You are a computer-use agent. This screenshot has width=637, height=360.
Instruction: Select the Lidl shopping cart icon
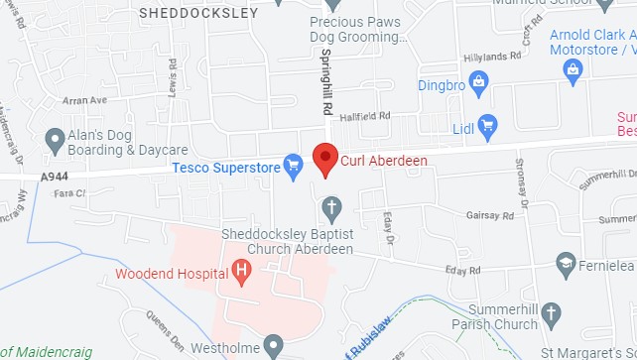click(487, 124)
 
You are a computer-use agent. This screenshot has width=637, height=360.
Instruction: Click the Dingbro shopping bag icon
click(477, 81)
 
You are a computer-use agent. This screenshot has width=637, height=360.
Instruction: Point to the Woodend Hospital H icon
click(240, 273)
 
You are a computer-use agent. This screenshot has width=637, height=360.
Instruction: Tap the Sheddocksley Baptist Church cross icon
click(332, 208)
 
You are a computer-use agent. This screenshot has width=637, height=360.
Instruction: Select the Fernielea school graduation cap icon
click(566, 264)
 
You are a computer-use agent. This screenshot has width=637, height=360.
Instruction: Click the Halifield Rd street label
click(365, 117)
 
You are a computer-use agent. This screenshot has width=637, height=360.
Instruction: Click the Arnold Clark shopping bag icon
click(573, 69)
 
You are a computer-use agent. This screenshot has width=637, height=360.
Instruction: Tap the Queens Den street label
click(163, 323)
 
